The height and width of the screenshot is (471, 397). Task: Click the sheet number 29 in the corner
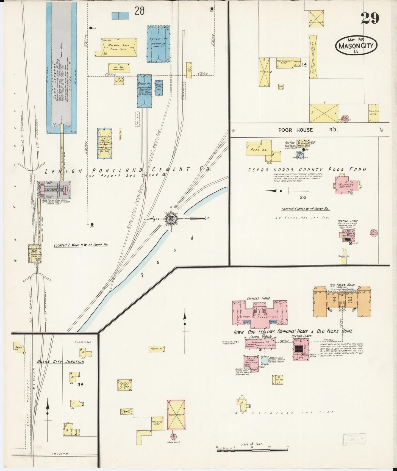[x=370, y=18]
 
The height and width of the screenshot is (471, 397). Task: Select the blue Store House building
[x=158, y=44]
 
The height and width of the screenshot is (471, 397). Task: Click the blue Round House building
[x=144, y=91]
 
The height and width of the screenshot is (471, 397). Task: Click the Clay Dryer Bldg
[x=54, y=190]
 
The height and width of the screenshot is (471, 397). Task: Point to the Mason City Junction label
[x=60, y=362]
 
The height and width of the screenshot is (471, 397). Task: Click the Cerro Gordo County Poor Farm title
[x=307, y=170]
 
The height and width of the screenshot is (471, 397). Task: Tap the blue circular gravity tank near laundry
[x=264, y=361]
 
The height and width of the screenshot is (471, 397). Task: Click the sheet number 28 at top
[x=139, y=12]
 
